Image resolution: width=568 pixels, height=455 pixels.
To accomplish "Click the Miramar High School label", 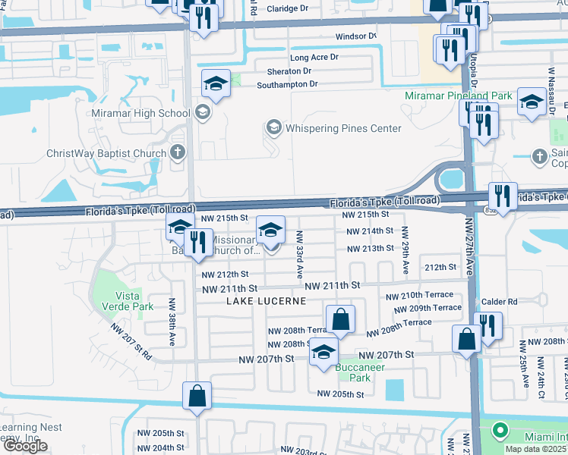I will [140, 114].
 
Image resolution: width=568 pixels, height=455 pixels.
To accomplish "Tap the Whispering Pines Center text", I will [342, 128].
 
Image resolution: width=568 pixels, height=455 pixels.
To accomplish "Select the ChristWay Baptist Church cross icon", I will [178, 153].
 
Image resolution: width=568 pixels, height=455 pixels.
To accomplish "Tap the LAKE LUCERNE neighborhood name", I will [266, 301].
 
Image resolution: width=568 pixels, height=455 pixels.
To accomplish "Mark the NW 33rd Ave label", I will [300, 253].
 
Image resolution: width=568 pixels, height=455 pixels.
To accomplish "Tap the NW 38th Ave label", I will [173, 328].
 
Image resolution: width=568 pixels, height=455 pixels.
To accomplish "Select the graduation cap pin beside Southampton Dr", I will [216, 83].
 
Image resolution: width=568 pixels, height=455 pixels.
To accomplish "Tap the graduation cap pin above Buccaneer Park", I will [324, 352].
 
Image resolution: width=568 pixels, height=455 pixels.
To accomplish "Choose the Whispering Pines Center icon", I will [273, 127].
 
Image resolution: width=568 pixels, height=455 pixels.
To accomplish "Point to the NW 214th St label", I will [370, 231].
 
